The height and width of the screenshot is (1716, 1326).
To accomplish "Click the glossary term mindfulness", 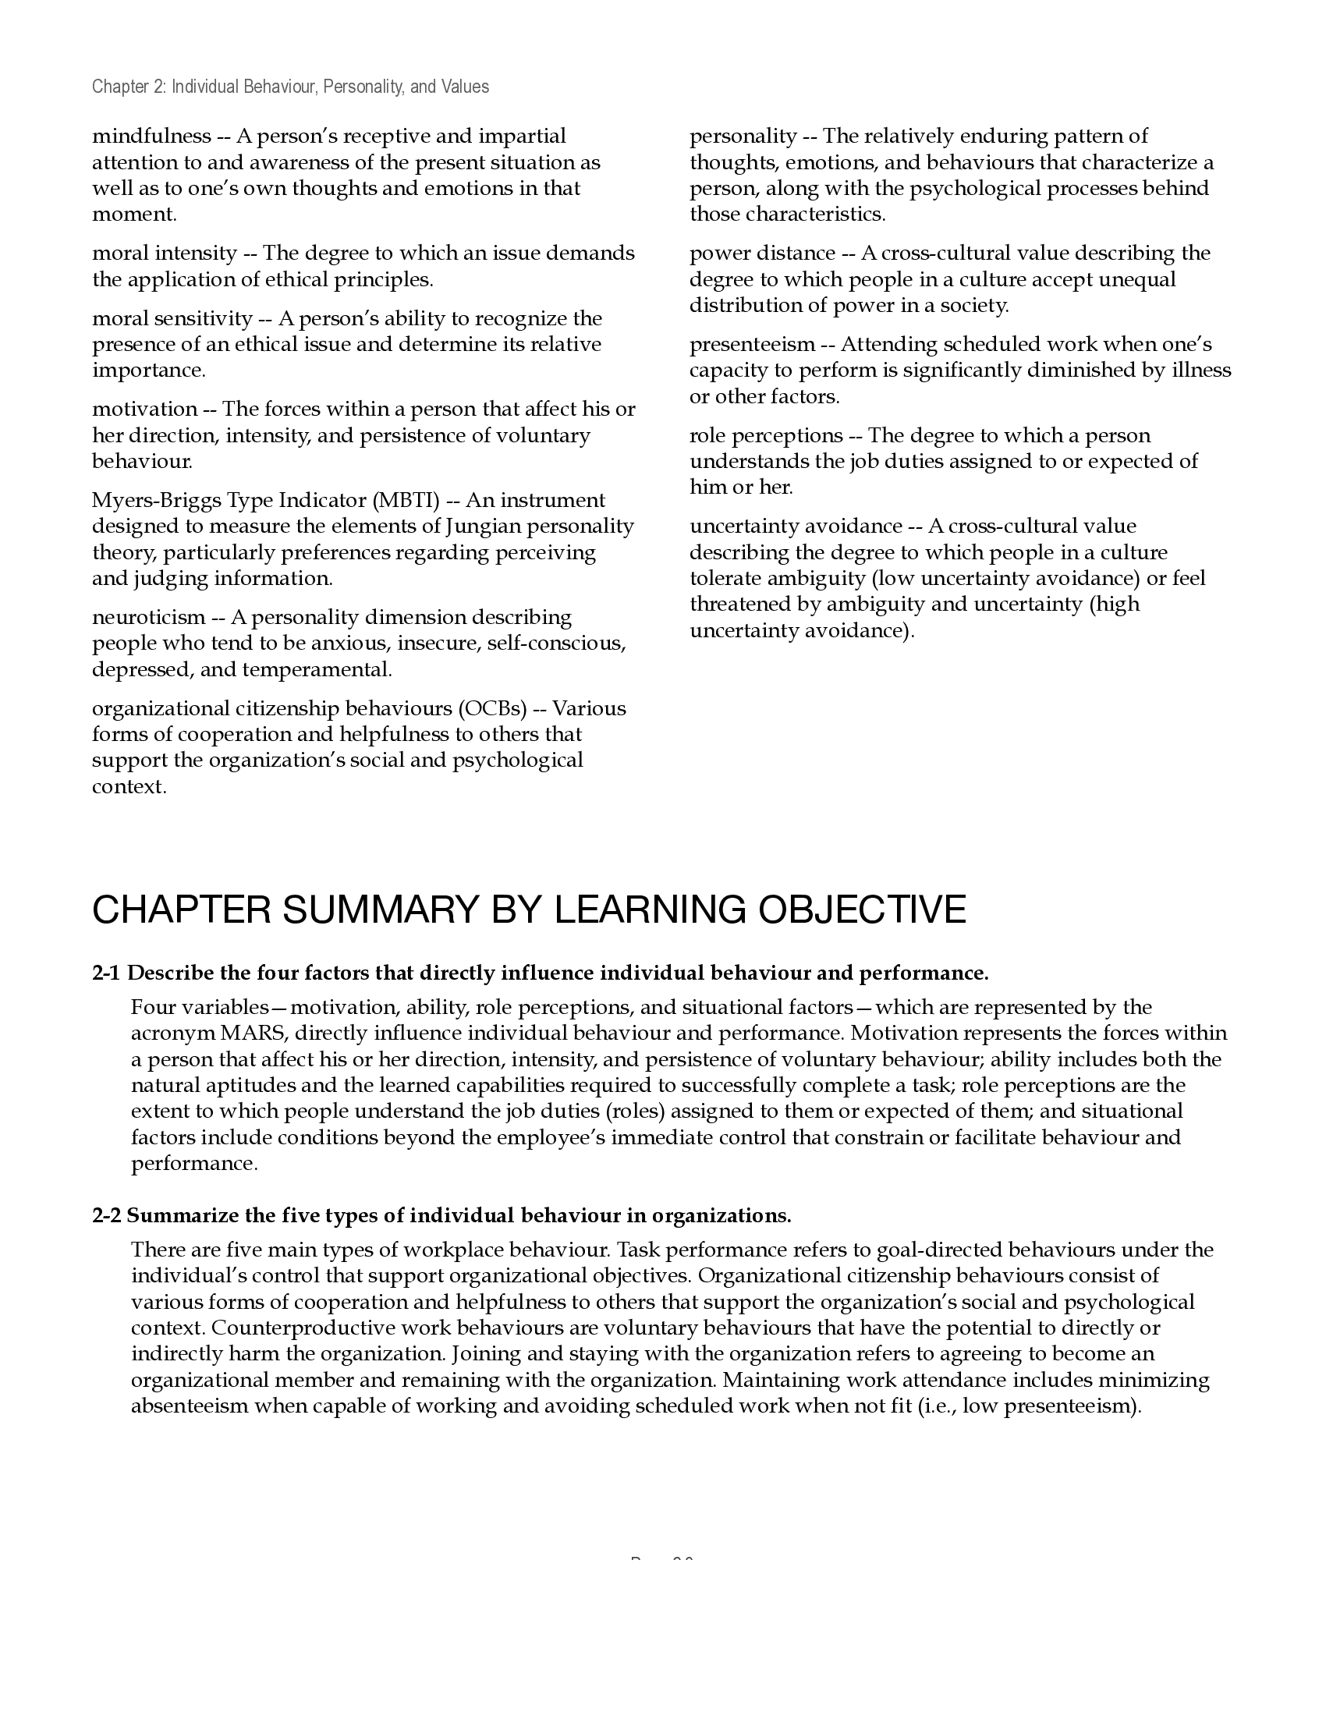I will tap(151, 136).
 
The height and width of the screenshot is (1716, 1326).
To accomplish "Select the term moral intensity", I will tap(163, 253).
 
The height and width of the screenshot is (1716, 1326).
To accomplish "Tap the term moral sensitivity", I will tap(172, 319).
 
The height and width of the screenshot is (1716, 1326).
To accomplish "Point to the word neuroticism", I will tap(147, 618).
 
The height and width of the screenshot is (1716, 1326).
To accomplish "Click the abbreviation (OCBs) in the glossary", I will tap(491, 709).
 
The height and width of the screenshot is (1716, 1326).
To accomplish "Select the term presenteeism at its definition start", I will tap(752, 345).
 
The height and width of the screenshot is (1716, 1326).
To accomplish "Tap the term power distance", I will tap(762, 253).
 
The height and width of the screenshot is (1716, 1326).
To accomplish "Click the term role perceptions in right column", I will tap(765, 436).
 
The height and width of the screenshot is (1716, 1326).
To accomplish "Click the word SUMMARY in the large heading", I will tap(380, 909).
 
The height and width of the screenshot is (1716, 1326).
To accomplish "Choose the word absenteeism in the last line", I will tap(189, 1406).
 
